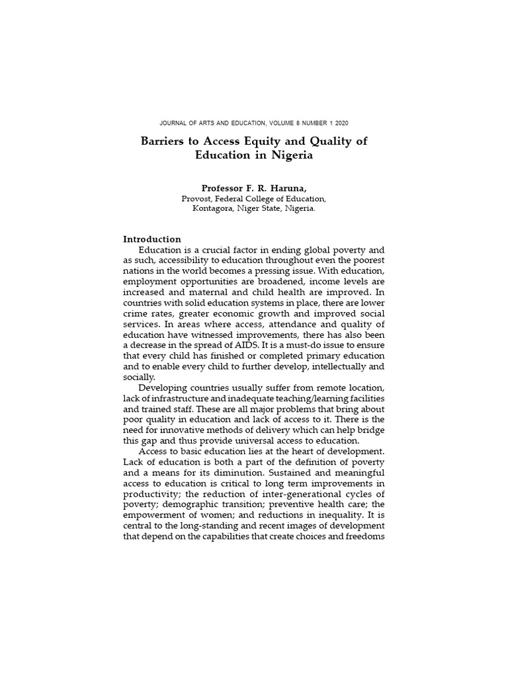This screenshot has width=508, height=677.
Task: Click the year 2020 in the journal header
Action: (x=341, y=123)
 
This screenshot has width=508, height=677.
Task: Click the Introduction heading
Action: (x=152, y=239)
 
